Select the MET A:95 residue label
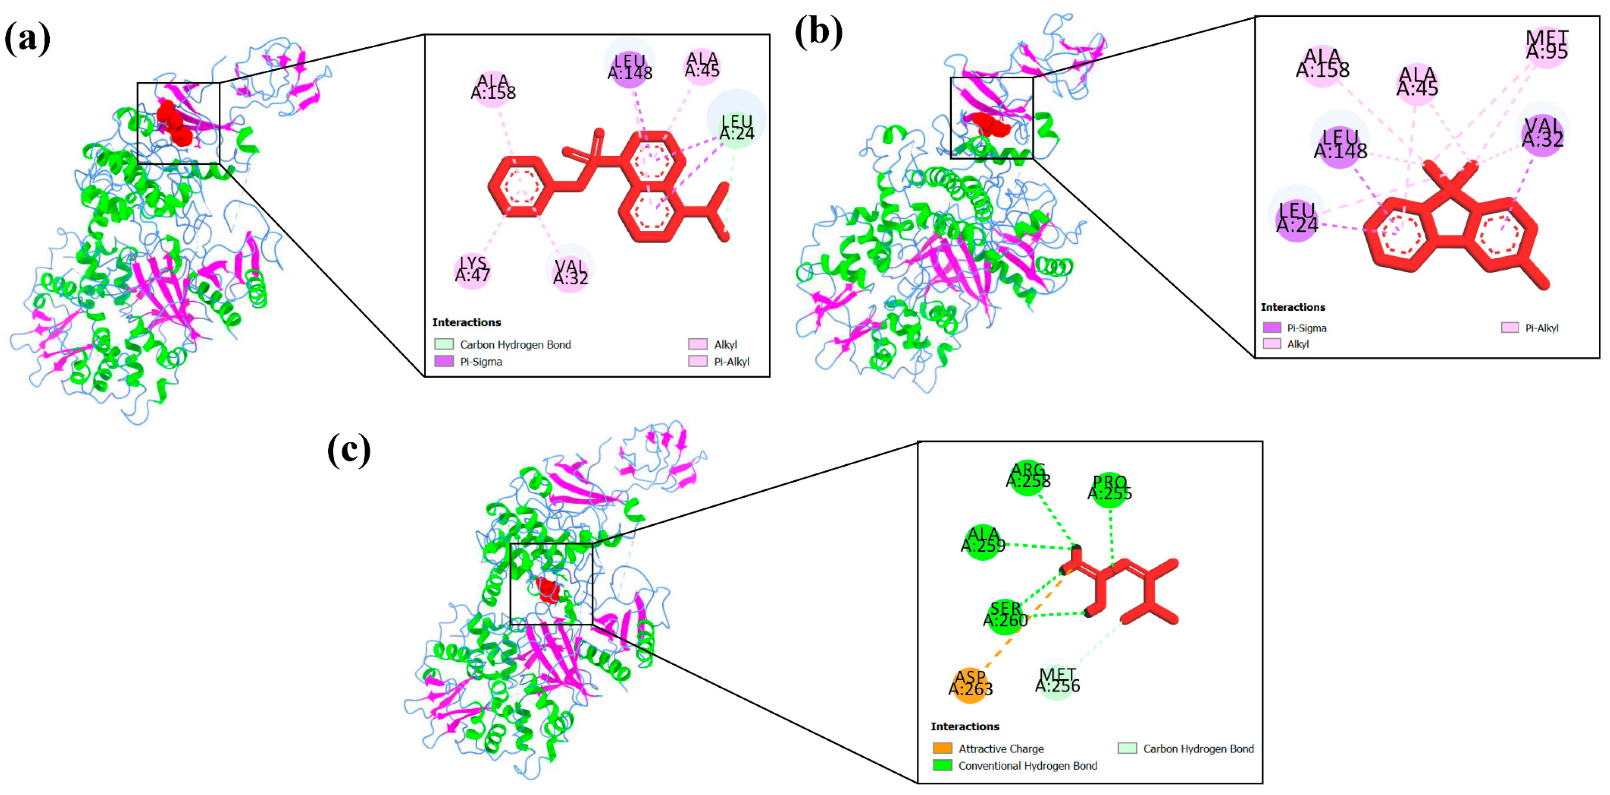tap(1546, 45)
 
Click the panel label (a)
tap(27, 39)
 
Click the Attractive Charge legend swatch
tap(942, 748)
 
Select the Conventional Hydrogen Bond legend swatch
tap(942, 765)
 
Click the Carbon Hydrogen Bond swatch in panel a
tap(444, 344)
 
